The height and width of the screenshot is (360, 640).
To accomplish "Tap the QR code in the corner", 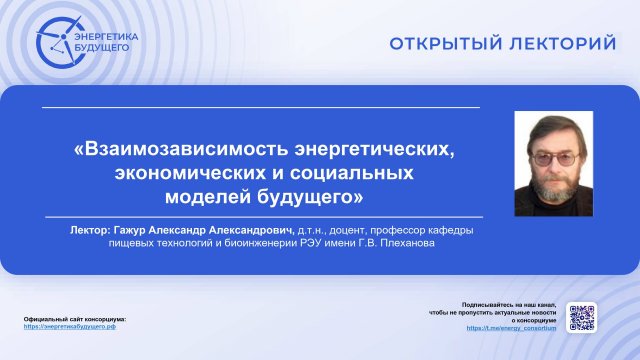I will [582, 317].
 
